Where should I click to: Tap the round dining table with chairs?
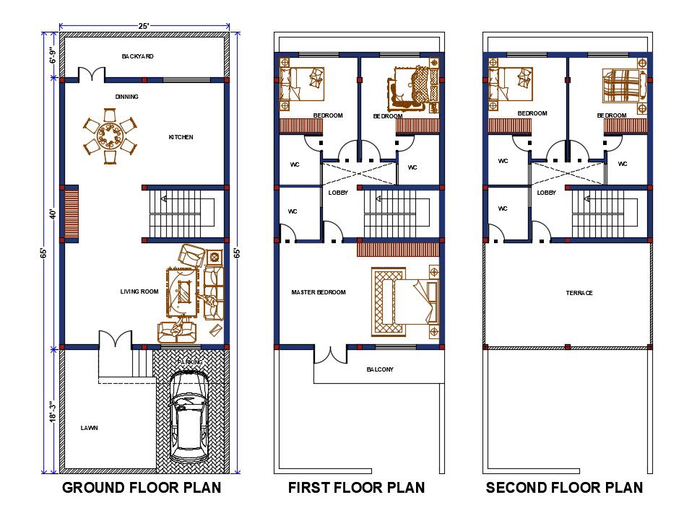pyautogui.click(x=110, y=135)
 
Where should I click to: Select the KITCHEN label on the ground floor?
pyautogui.click(x=181, y=137)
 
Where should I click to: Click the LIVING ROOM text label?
pyautogui.click(x=139, y=291)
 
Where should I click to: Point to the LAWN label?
pyautogui.click(x=89, y=428)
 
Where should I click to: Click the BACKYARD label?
pyautogui.click(x=137, y=56)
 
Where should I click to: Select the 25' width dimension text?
pyautogui.click(x=144, y=26)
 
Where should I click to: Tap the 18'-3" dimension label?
pyautogui.click(x=52, y=411)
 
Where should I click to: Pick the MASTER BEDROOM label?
pyautogui.click(x=318, y=292)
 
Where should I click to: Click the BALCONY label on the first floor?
pyautogui.click(x=380, y=369)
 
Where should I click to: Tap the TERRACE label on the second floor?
pyautogui.click(x=579, y=293)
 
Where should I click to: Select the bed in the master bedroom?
pyautogui.click(x=405, y=302)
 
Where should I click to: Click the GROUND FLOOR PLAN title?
pyautogui.click(x=142, y=488)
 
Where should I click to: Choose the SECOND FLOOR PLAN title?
pyautogui.click(x=564, y=488)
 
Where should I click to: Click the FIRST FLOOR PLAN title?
pyautogui.click(x=356, y=488)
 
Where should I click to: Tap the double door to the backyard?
pyautogui.click(x=92, y=74)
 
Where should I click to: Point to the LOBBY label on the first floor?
pyautogui.click(x=338, y=193)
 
